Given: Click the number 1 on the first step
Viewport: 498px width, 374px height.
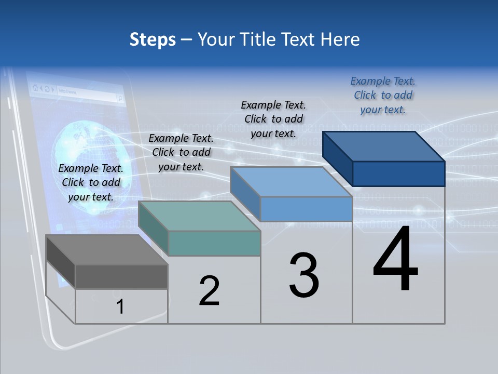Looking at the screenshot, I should click(120, 306).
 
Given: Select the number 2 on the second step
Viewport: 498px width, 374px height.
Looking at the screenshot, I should click(210, 291).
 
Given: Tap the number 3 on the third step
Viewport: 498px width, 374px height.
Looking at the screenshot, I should click(304, 276).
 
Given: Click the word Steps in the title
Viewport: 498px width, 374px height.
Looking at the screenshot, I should click(153, 39).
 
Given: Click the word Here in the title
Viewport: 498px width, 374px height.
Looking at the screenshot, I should click(339, 39).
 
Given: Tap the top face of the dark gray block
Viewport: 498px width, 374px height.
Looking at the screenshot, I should click(106, 250).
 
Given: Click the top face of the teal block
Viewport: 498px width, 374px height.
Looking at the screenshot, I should click(199, 216).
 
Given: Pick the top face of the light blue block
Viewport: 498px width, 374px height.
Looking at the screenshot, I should click(291, 182).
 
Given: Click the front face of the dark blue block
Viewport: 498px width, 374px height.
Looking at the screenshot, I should click(398, 173).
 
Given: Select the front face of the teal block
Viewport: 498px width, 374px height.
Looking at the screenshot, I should click(214, 243).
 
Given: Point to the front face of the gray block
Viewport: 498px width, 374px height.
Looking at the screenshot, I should click(121, 276).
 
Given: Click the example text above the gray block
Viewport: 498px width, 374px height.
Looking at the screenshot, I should click(91, 182).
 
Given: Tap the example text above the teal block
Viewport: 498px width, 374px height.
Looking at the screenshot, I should click(181, 152).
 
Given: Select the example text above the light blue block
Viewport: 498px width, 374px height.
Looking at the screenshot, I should click(273, 119).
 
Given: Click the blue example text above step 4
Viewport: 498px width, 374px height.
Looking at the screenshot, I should click(383, 95).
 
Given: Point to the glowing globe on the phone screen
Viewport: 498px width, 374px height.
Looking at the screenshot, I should click(83, 151).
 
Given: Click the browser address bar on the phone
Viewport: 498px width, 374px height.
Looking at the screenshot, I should click(86, 91).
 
